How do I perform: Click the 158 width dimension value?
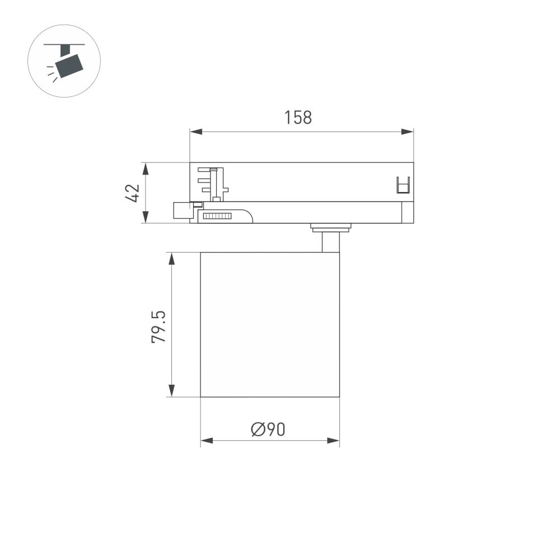tap(297, 118)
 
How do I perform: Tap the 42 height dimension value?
tap(132, 193)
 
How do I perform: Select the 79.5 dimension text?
tap(159, 328)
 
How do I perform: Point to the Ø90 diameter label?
tap(269, 430)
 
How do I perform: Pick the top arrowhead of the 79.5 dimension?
tap(172, 258)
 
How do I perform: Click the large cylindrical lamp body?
tap(269, 325)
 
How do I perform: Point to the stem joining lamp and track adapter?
tap(330, 241)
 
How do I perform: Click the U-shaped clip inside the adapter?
tap(403, 185)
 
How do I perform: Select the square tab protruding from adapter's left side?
tap(181, 211)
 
